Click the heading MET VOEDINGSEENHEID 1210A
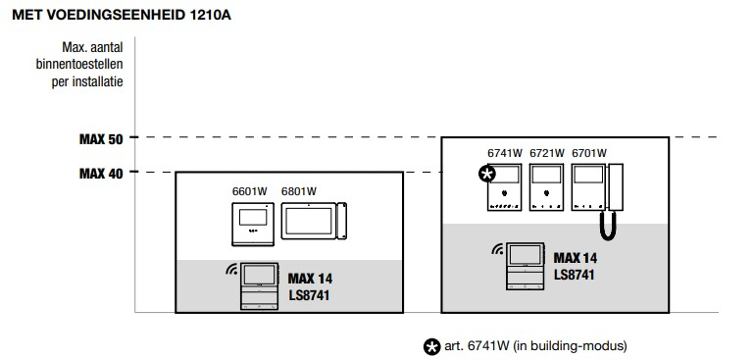coord(122,16)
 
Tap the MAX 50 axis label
coord(101,139)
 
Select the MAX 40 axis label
coord(101,174)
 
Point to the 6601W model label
coord(250,191)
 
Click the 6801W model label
coord(299,191)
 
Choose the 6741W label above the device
coord(505,154)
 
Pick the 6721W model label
coord(547,154)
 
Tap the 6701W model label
coord(589,154)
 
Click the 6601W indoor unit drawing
coord(253,225)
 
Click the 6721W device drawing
coord(546,187)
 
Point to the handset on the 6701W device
coord(616,187)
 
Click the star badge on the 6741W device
coord(487,174)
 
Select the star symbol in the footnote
coord(431,346)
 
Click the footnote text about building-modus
coord(535,346)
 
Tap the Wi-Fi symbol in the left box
coord(231,269)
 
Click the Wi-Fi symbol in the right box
coord(498,248)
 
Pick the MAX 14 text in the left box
coord(310,279)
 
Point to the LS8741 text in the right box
coord(575,275)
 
